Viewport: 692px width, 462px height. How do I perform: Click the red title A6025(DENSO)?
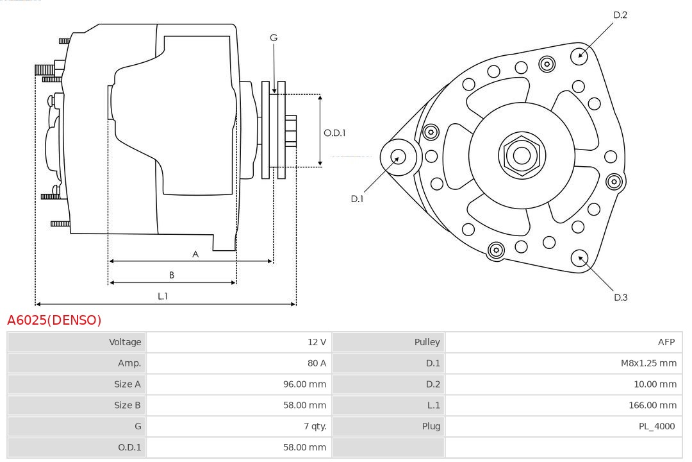(54, 320)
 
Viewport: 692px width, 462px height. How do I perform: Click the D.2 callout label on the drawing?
(620, 15)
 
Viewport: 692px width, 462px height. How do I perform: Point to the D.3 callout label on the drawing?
(620, 297)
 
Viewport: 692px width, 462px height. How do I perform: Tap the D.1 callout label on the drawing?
(357, 199)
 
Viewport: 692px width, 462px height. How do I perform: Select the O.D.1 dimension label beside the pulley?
(334, 133)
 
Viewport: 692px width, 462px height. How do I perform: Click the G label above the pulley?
(274, 38)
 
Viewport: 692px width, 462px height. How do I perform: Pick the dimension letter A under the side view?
(195, 254)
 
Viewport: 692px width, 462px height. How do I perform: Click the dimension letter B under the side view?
(172, 275)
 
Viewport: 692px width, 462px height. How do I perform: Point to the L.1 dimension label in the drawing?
(163, 296)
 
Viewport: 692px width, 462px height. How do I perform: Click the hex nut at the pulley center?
(522, 155)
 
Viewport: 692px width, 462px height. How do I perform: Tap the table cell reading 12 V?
(317, 342)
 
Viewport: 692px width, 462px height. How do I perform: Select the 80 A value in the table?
(317, 363)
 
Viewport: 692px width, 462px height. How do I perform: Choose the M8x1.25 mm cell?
(648, 363)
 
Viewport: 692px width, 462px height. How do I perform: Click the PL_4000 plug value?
(657, 426)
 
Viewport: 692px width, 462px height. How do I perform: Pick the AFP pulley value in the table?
(666, 342)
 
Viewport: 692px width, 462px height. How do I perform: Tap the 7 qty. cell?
(315, 426)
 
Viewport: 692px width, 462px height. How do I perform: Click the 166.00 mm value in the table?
(652, 405)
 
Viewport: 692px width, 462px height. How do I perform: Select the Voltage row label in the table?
(125, 342)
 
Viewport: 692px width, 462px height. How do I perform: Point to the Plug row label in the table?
(431, 426)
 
